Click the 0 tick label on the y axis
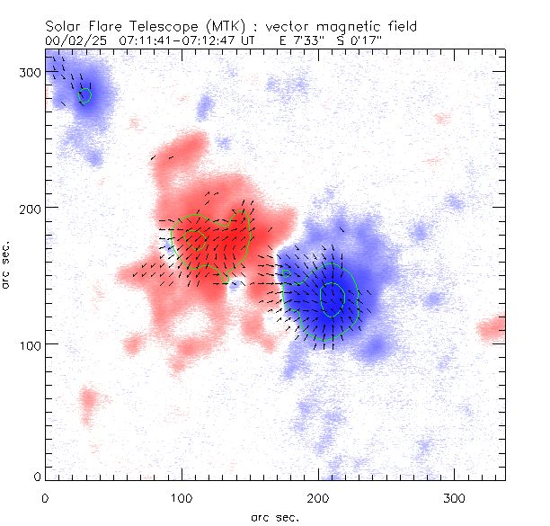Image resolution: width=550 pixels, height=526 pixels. (37, 476)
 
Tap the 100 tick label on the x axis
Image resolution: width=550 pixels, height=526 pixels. (182, 497)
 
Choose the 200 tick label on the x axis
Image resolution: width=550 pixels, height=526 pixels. (318, 497)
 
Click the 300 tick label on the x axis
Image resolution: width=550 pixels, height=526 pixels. (455, 497)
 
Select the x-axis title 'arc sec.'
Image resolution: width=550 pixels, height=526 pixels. (276, 517)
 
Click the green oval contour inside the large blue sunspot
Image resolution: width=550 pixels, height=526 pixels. (333, 299)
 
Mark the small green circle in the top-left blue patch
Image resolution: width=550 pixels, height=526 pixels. (85, 94)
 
